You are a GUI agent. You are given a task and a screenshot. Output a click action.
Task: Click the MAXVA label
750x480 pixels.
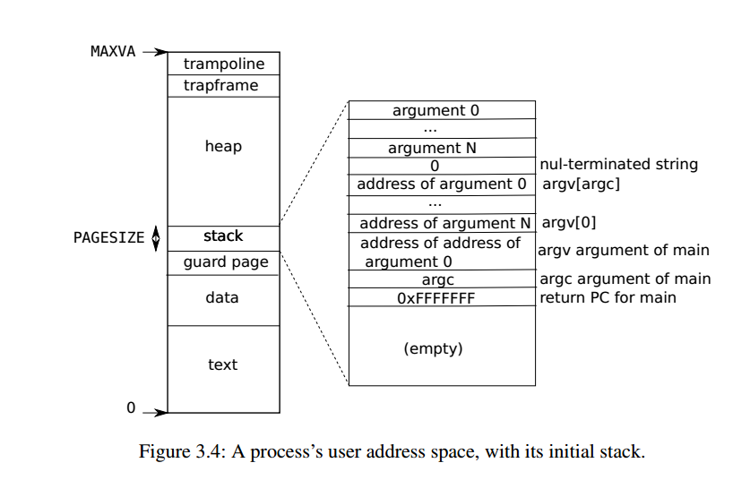coord(113,52)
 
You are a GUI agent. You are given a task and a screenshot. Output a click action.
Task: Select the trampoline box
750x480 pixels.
coord(223,64)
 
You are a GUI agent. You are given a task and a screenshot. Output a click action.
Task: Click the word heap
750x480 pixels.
coord(223,146)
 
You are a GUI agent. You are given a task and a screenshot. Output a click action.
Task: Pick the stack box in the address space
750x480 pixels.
coord(223,237)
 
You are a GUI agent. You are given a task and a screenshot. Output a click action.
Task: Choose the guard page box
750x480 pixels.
coord(225,262)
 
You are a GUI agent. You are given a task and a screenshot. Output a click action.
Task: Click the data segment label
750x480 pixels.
coord(222,296)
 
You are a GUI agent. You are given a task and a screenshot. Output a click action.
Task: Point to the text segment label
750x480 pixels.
coord(222,364)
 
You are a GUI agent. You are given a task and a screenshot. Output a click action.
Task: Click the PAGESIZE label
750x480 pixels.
coord(108,239)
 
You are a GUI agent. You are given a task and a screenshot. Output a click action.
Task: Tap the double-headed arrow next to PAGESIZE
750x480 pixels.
coord(156,238)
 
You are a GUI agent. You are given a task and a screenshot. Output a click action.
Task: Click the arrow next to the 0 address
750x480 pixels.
coord(154,413)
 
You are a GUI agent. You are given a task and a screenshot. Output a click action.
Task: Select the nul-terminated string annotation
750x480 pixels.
coord(619,165)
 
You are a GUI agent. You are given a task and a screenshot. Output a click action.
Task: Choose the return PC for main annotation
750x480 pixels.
coord(608,297)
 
